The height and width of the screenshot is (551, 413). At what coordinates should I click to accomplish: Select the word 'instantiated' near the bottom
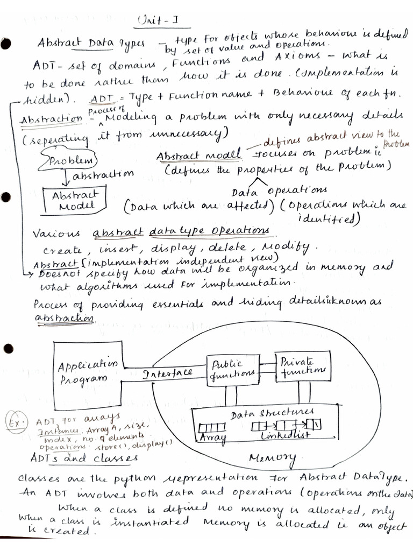coord(151,521)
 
